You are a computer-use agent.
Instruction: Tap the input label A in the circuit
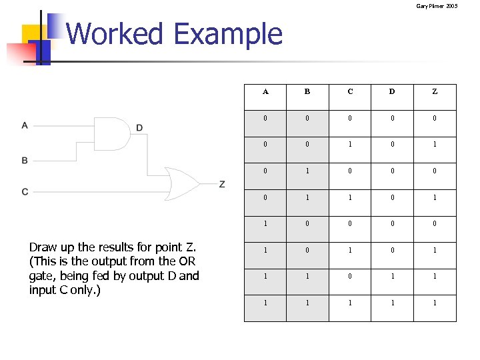(25, 125)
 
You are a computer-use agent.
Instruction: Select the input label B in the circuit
(25, 161)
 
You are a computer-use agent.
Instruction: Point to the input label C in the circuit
(25, 192)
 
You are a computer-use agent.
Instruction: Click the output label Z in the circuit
(222, 184)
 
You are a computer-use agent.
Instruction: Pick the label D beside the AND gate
(139, 127)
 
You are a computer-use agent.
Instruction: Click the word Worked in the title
(115, 34)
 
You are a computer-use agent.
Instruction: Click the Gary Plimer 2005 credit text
(437, 6)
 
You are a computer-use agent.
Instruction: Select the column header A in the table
(265, 92)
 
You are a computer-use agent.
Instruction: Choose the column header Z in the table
(435, 92)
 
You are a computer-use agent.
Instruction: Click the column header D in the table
(392, 92)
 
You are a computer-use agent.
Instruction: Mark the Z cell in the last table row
(435, 303)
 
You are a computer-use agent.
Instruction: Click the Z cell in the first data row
(435, 118)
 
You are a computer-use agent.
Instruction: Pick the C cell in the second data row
(350, 145)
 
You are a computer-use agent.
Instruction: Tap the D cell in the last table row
(392, 303)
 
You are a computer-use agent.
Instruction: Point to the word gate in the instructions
(42, 275)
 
